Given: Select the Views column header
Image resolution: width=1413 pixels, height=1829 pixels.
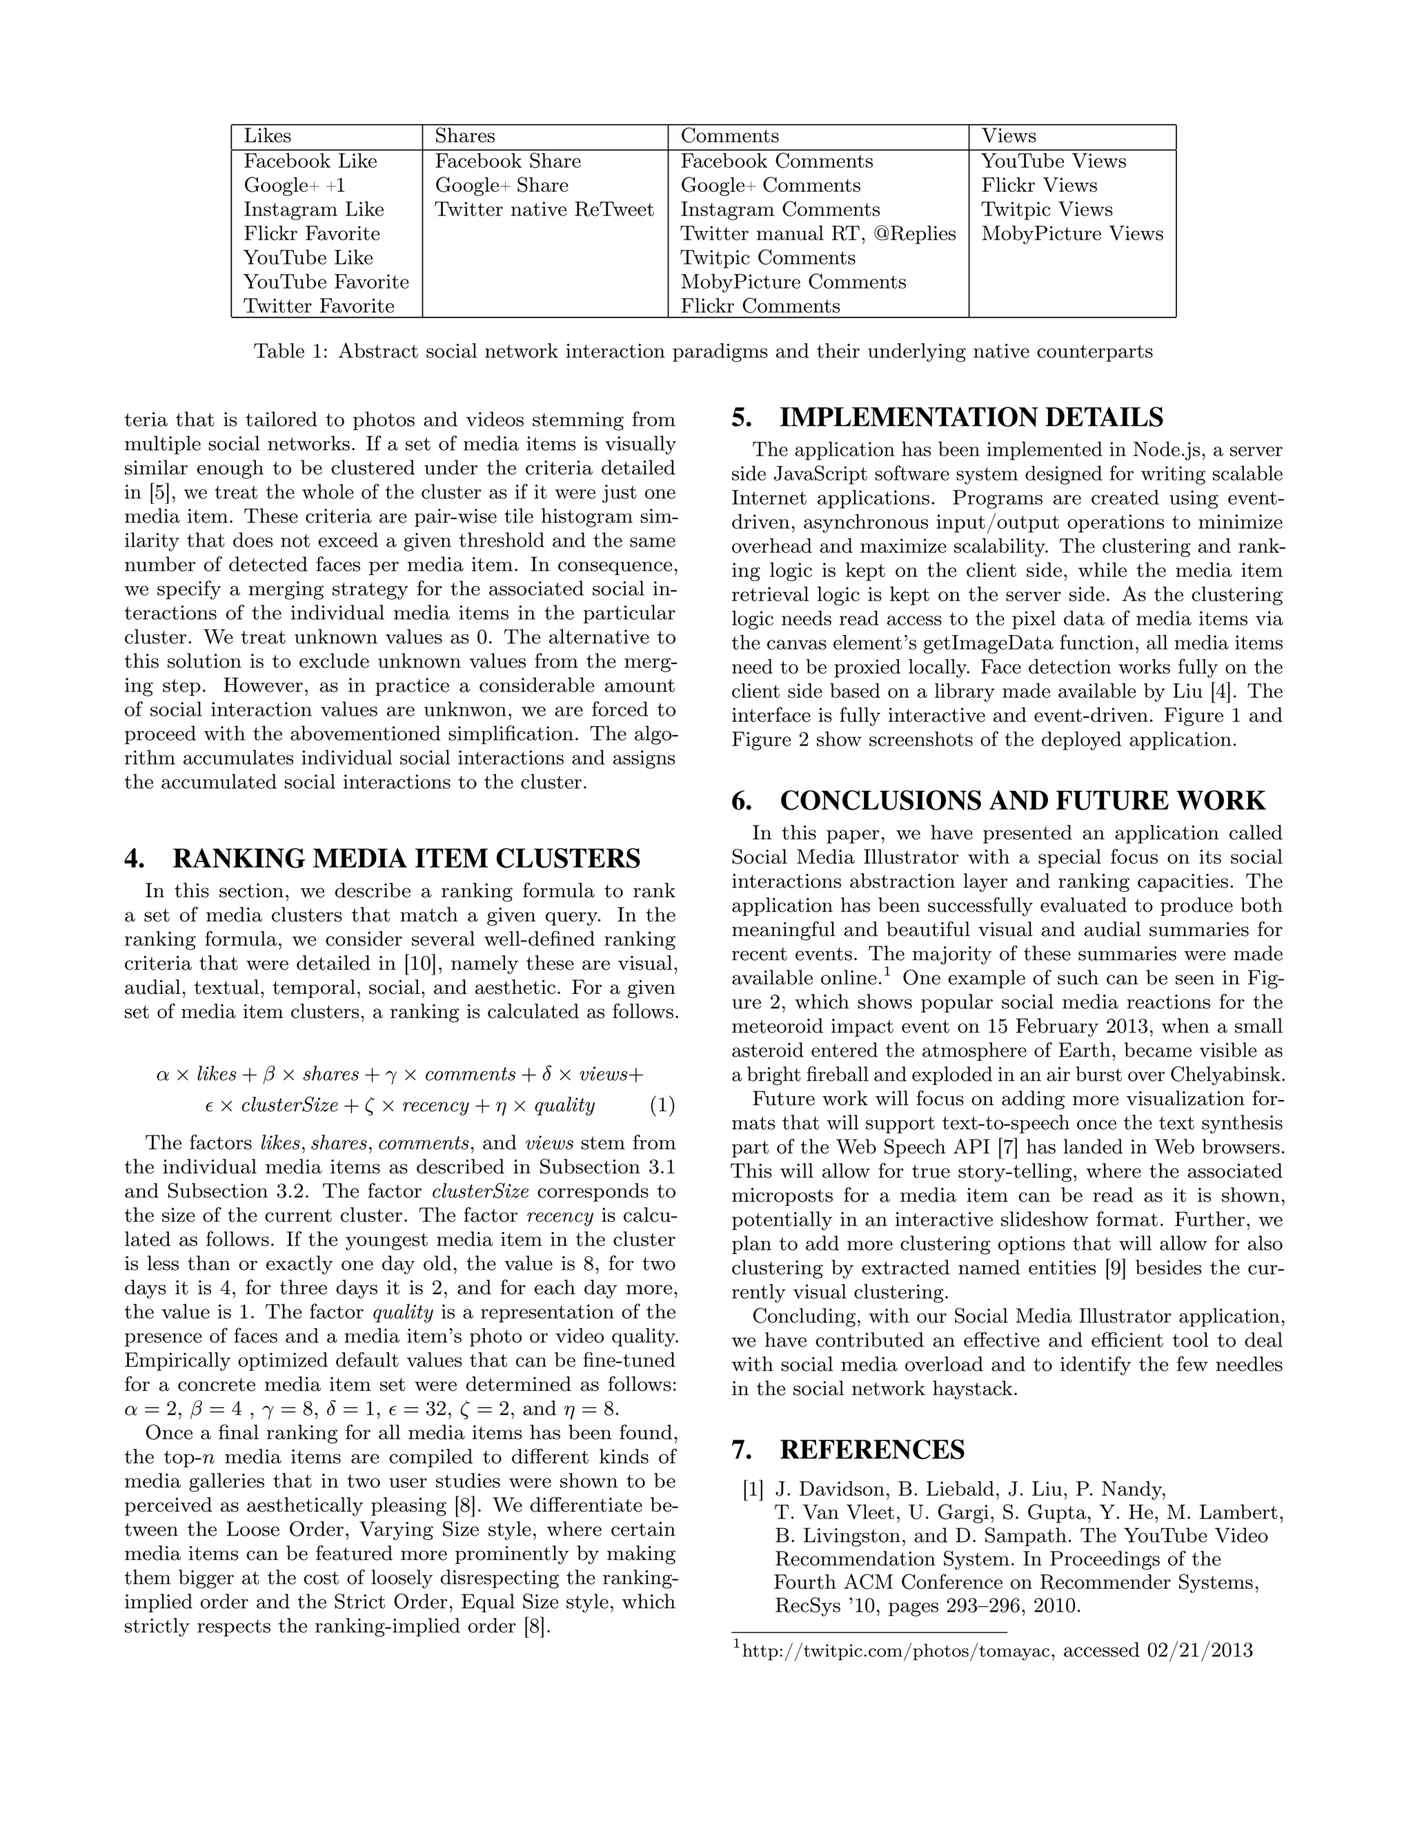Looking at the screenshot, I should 1009,136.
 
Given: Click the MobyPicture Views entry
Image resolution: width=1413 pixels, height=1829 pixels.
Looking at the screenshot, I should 1072,234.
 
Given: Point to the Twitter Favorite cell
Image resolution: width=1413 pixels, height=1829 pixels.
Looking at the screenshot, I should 319,306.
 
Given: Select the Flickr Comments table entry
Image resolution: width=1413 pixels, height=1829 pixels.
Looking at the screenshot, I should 760,306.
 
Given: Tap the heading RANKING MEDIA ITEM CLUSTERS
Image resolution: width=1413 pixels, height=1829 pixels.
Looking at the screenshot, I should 406,859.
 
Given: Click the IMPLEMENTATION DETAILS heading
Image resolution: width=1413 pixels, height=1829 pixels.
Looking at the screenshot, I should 971,417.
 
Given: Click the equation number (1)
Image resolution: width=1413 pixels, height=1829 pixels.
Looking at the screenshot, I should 662,1106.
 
